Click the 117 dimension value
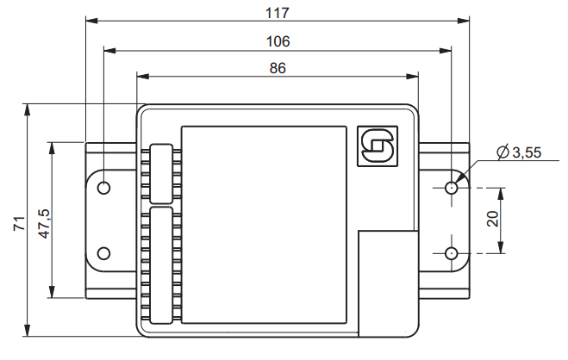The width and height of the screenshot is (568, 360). click(x=278, y=12)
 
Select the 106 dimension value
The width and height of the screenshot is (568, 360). click(x=278, y=40)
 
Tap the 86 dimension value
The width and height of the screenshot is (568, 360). click(x=278, y=68)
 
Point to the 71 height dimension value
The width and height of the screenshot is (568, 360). click(x=18, y=223)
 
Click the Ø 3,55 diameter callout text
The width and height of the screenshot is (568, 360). click(x=519, y=153)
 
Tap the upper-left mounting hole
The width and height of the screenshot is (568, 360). click(x=104, y=187)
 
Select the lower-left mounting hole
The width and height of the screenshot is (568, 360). click(x=104, y=252)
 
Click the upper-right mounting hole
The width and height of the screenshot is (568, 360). click(x=451, y=187)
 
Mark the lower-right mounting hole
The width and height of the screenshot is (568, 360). click(x=451, y=252)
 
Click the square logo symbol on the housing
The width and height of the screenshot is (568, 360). click(x=376, y=146)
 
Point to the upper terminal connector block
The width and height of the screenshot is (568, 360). click(x=160, y=171)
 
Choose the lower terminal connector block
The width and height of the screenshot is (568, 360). click(x=160, y=264)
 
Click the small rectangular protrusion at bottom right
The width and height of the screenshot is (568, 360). click(x=389, y=282)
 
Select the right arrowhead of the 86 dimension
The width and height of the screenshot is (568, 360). click(x=414, y=78)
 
